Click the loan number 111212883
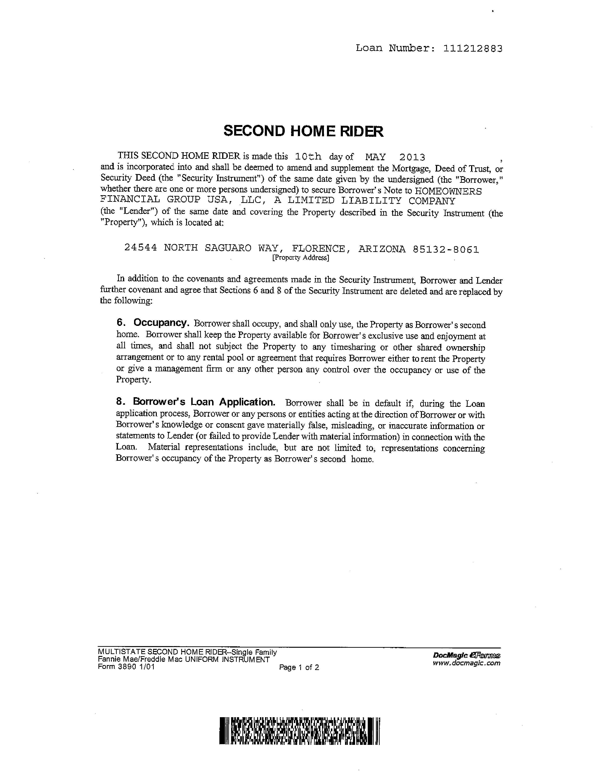point(473,48)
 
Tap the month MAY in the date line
point(375,157)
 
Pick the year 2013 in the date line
point(412,157)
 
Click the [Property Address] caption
point(300,258)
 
